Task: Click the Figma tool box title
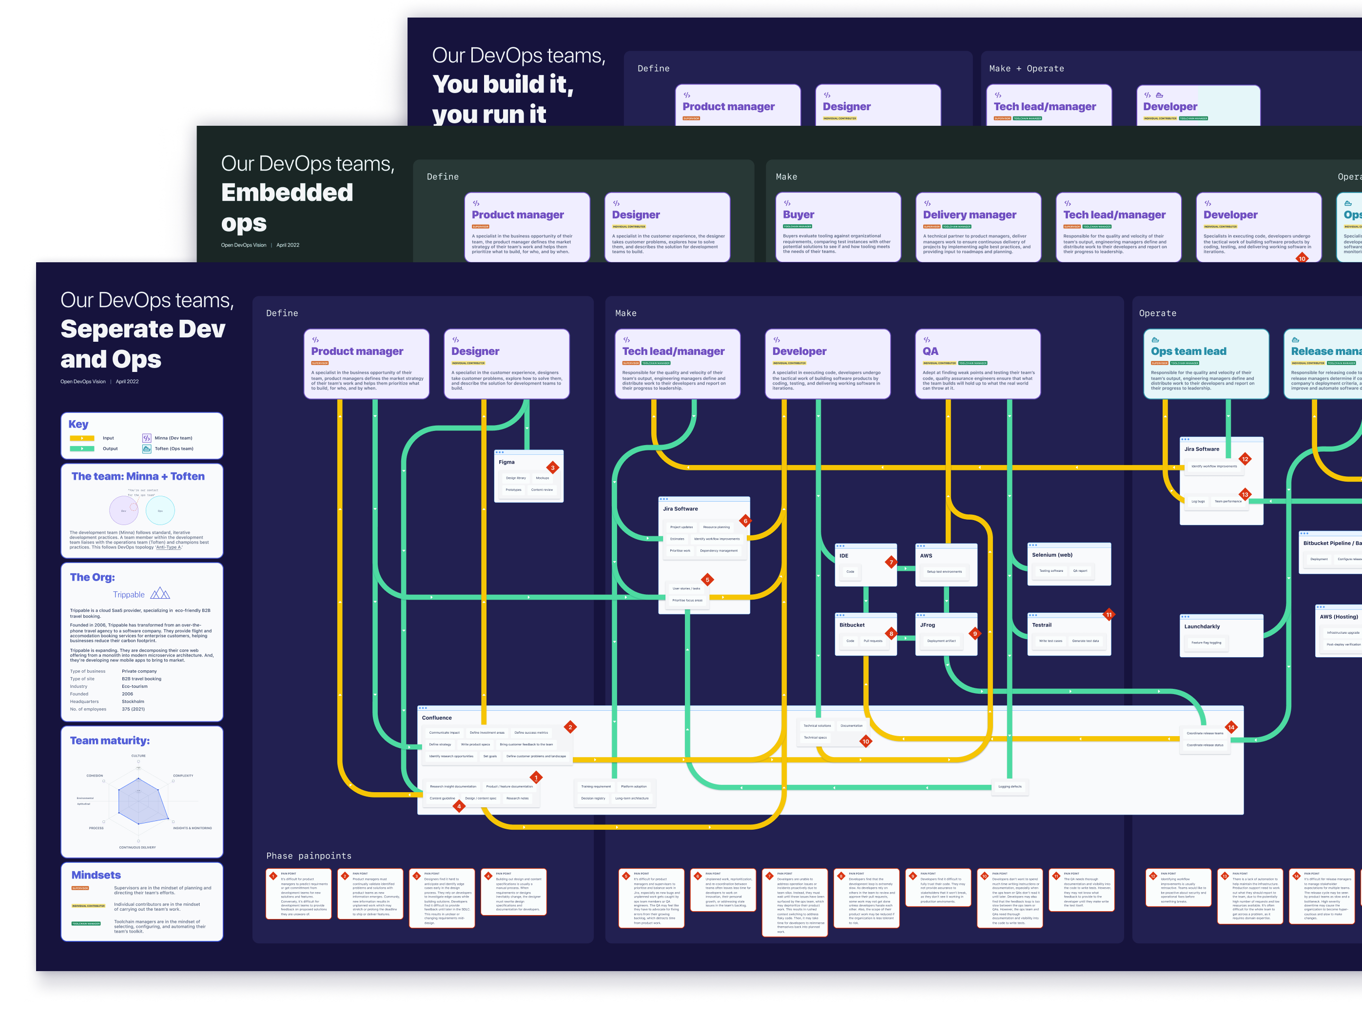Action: (506, 462)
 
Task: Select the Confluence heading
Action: (436, 718)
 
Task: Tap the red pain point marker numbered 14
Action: (1231, 727)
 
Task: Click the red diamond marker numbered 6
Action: (745, 521)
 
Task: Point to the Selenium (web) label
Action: (1052, 555)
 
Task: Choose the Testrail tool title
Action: (1042, 625)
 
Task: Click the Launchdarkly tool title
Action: (1202, 627)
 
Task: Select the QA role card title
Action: (930, 351)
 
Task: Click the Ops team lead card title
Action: (1188, 351)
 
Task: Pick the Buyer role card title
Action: (798, 215)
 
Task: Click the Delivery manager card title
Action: (969, 215)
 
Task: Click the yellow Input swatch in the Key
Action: (81, 438)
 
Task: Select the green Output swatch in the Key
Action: (81, 448)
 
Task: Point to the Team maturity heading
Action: (110, 741)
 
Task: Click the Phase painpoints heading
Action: (309, 856)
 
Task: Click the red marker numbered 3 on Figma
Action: (552, 468)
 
